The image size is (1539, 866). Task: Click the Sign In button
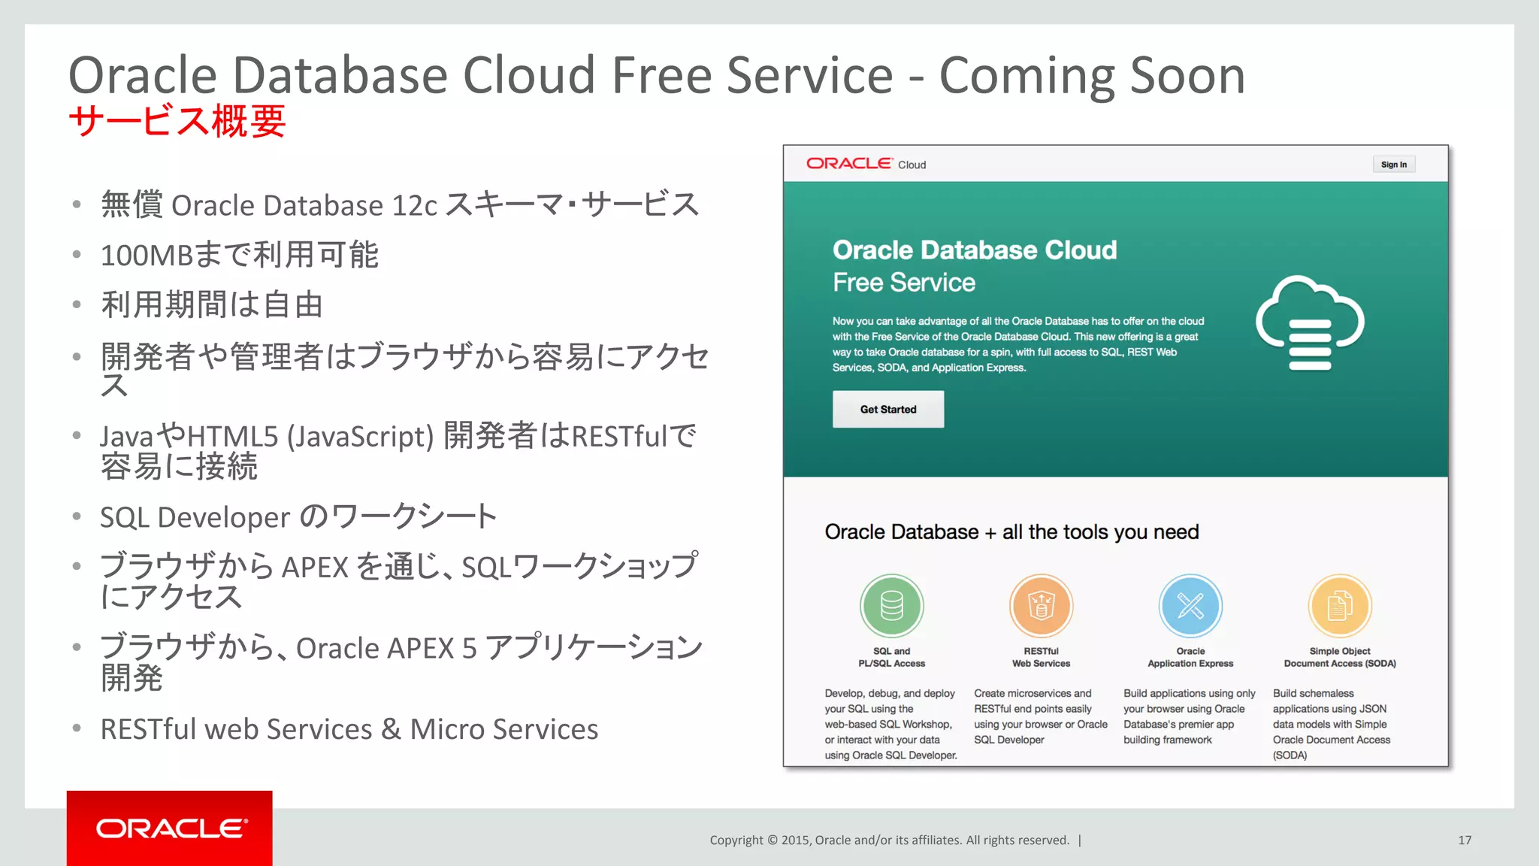point(1393,165)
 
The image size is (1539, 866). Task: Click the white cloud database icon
point(1310,323)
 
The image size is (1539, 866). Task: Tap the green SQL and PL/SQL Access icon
point(891,606)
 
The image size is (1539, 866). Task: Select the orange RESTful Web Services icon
point(1041,606)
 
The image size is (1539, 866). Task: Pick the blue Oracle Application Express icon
point(1190,606)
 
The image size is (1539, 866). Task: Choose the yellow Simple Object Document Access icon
point(1340,606)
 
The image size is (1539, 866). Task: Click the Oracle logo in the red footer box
point(171,828)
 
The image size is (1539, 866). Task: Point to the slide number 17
point(1465,840)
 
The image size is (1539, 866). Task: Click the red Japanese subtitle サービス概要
point(177,121)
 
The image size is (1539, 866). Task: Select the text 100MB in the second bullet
point(147,256)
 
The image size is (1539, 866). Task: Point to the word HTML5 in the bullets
point(232,436)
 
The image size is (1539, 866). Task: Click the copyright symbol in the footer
point(772,840)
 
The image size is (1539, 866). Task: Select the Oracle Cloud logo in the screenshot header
point(866,164)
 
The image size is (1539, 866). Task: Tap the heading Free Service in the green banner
point(903,283)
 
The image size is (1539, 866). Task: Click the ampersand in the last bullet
point(391,729)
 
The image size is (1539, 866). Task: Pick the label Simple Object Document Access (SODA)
point(1340,657)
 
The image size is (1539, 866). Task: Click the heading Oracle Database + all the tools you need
point(1011,532)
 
